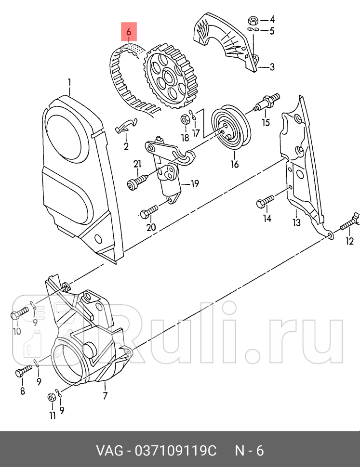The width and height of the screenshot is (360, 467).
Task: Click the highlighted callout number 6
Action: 129,32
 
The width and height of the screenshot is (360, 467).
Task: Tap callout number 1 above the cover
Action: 69,83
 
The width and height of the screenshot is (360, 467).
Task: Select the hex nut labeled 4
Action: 252,20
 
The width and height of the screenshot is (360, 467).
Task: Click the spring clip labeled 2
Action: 126,127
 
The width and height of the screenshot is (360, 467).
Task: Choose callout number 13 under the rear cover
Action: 296,222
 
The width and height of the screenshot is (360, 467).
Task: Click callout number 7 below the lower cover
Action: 105,396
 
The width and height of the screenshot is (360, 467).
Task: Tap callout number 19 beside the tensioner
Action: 195,183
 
